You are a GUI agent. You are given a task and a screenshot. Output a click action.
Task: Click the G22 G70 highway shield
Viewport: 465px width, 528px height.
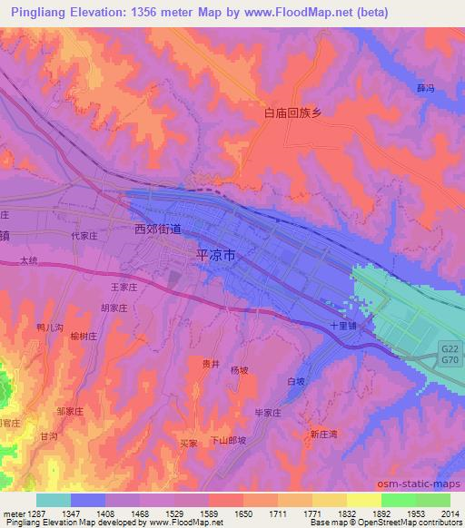click(450, 354)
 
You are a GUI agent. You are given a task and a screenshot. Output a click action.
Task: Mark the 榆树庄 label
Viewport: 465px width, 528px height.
click(82, 336)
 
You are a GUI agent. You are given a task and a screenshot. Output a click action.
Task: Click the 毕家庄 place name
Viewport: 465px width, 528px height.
click(268, 413)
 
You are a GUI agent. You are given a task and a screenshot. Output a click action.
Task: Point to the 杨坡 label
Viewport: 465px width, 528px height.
click(239, 370)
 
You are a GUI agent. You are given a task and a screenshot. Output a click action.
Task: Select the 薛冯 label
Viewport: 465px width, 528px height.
click(425, 89)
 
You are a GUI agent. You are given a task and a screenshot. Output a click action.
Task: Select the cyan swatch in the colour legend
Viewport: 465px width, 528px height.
click(54, 500)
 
